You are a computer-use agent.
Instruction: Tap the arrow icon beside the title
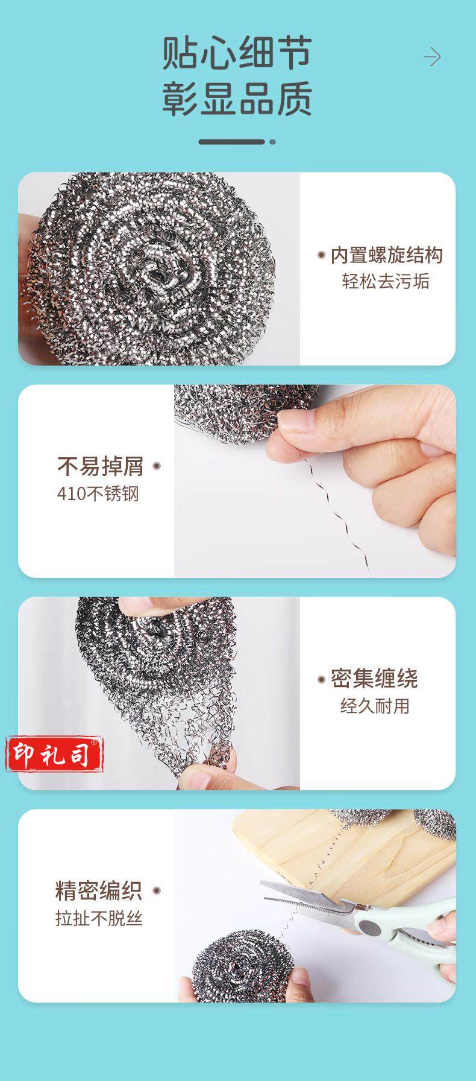click(431, 58)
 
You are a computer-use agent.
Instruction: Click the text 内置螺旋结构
click(386, 255)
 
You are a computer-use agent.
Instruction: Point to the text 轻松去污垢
click(386, 282)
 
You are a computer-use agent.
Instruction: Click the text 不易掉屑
click(101, 466)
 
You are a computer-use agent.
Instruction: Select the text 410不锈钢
click(98, 494)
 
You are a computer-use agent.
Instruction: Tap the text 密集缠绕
click(374, 679)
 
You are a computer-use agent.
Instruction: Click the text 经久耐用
click(375, 706)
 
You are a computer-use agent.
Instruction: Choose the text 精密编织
click(99, 891)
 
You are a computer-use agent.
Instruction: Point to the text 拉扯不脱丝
click(99, 919)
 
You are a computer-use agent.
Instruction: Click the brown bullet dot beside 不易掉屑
click(157, 466)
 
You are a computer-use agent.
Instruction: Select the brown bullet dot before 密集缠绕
click(322, 679)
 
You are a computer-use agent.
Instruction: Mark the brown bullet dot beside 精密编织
click(156, 891)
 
